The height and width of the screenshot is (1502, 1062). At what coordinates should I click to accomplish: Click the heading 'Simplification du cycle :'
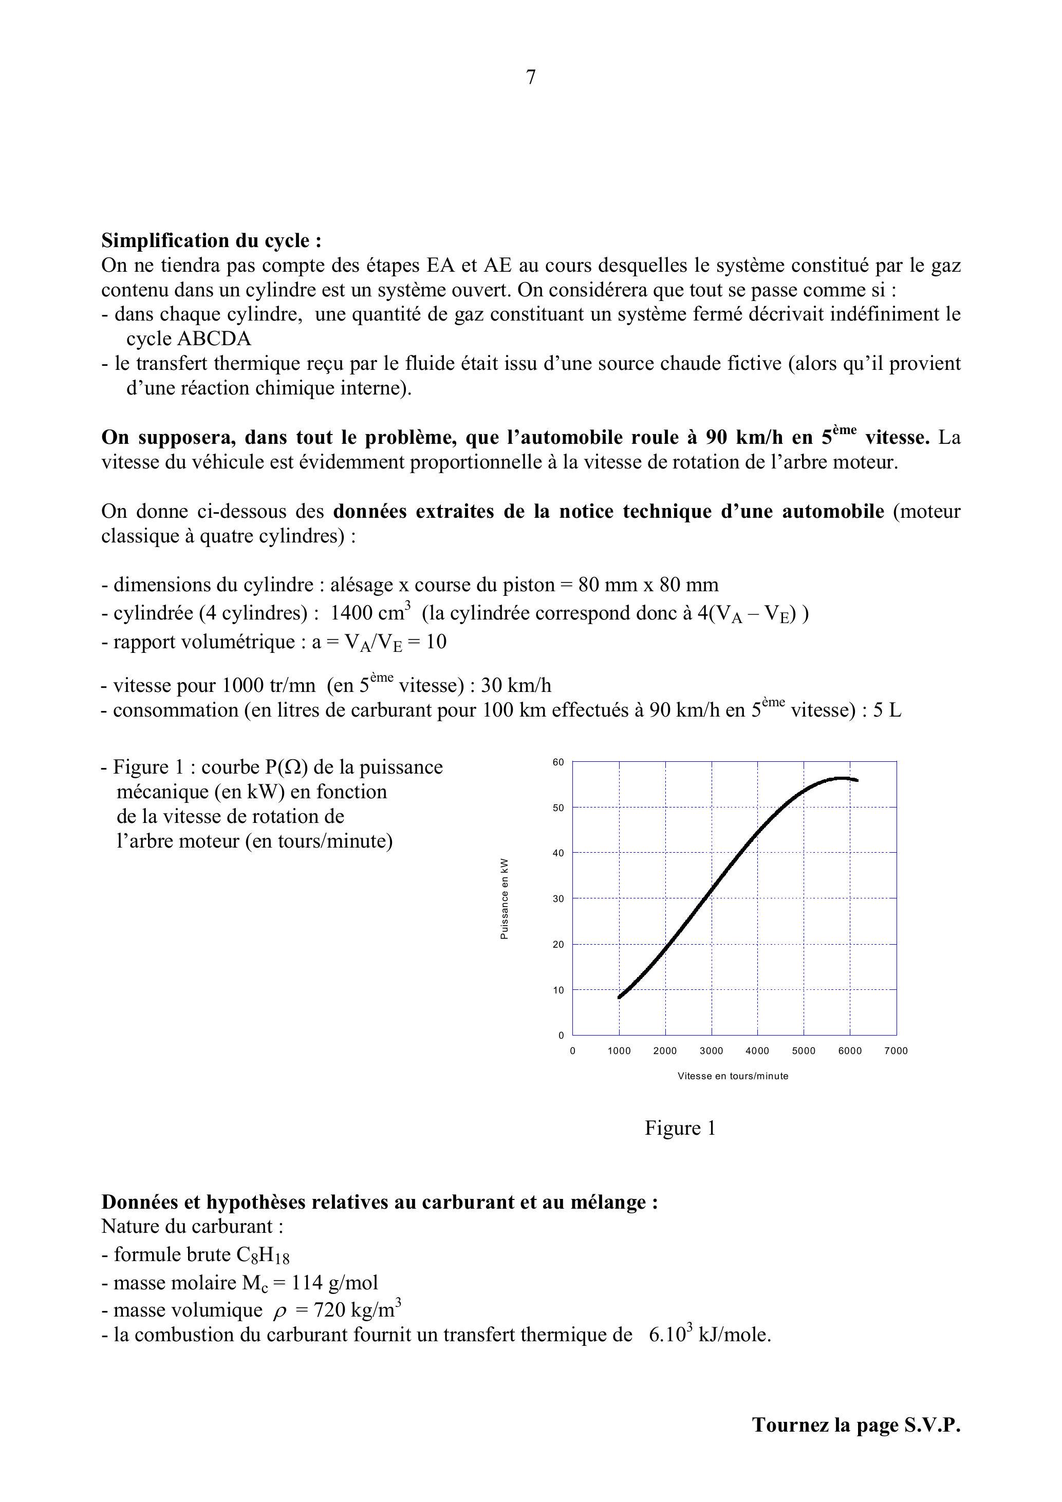[x=211, y=241]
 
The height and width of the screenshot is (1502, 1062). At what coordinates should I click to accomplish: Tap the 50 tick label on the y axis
[x=558, y=808]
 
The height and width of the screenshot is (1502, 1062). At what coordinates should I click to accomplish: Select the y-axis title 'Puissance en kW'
[x=504, y=899]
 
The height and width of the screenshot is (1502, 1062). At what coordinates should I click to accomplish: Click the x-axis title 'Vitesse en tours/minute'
[x=733, y=1076]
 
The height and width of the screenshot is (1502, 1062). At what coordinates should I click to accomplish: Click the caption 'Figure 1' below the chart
[x=680, y=1128]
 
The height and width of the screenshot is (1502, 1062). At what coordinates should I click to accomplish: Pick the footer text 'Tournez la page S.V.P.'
[x=856, y=1425]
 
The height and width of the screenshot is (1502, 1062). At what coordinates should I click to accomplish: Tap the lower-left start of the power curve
[x=620, y=997]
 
